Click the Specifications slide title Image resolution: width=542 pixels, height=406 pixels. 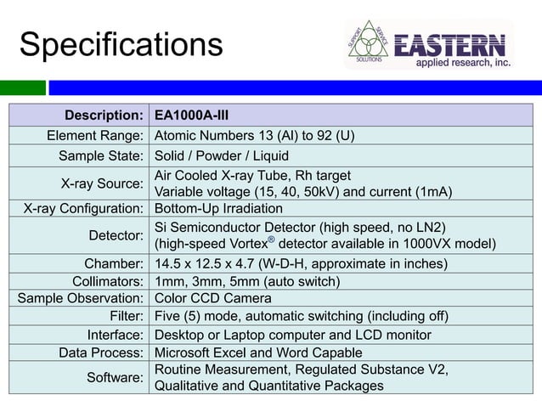coord(121,44)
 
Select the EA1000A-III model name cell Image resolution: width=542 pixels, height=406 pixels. coord(191,115)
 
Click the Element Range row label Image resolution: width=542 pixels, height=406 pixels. coord(93,135)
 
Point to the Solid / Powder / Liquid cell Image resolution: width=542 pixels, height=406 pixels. coord(221,156)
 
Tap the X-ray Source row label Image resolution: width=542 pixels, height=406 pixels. coord(101,183)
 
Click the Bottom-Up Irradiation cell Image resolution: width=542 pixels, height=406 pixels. coord(218,208)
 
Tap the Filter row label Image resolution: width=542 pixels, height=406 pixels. coord(127,316)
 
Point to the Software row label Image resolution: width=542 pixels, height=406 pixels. coord(115,377)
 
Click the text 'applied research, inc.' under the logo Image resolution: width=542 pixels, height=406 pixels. coord(462,63)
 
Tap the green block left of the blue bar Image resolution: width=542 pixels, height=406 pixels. coord(22,87)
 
